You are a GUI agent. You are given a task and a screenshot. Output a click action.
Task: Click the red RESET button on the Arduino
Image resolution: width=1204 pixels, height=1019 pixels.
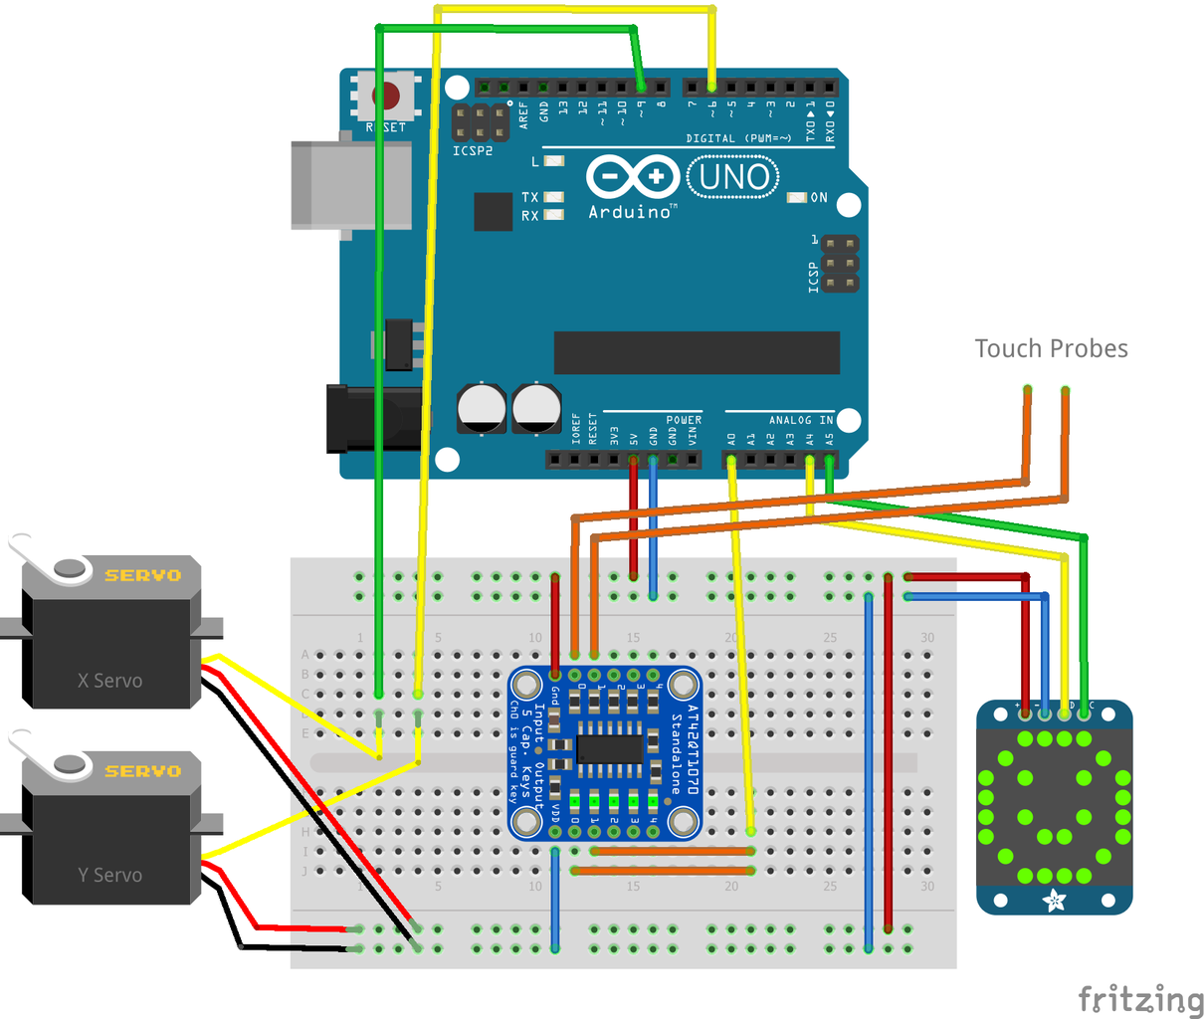[385, 97]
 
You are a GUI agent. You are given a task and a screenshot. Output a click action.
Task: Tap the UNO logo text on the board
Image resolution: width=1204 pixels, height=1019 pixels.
[733, 178]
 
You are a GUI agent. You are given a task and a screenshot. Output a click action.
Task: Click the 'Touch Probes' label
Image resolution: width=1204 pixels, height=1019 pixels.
[1051, 348]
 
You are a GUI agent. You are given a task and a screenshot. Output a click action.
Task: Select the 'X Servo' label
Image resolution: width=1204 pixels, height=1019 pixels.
[109, 681]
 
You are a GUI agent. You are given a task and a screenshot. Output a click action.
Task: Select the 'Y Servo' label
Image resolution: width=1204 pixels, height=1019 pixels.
[109, 875]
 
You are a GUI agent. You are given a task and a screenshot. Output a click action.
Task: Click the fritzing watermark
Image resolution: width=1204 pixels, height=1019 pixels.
[1140, 998]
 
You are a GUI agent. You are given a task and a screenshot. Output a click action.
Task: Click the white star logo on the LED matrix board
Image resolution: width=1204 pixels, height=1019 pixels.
[1053, 902]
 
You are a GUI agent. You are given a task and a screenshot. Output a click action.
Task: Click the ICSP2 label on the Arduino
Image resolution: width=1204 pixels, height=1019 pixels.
[473, 151]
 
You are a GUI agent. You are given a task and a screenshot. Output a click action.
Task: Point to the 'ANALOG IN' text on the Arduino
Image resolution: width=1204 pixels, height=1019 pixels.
[800, 420]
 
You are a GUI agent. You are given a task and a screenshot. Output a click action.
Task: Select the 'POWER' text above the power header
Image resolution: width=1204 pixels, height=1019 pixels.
[684, 420]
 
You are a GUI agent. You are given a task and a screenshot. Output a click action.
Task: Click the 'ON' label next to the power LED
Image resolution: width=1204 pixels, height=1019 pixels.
[819, 198]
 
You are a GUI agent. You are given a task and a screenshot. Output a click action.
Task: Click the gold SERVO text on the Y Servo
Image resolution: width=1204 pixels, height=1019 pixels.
[143, 771]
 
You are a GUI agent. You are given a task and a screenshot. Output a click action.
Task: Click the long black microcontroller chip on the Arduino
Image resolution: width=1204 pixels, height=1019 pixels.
[697, 353]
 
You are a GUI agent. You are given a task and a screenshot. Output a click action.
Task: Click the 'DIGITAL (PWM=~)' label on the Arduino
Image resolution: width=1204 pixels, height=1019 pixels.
[738, 138]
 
